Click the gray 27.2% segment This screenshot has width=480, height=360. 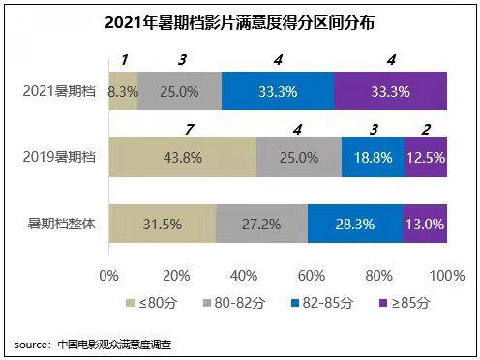click(x=261, y=224)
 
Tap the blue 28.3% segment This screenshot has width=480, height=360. click(x=354, y=224)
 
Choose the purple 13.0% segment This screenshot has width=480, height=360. click(x=425, y=224)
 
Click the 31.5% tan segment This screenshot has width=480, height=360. click(x=162, y=224)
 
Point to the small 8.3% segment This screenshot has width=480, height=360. click(x=123, y=91)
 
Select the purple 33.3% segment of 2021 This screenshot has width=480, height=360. click(x=391, y=91)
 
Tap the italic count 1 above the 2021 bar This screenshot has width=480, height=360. click(x=124, y=60)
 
